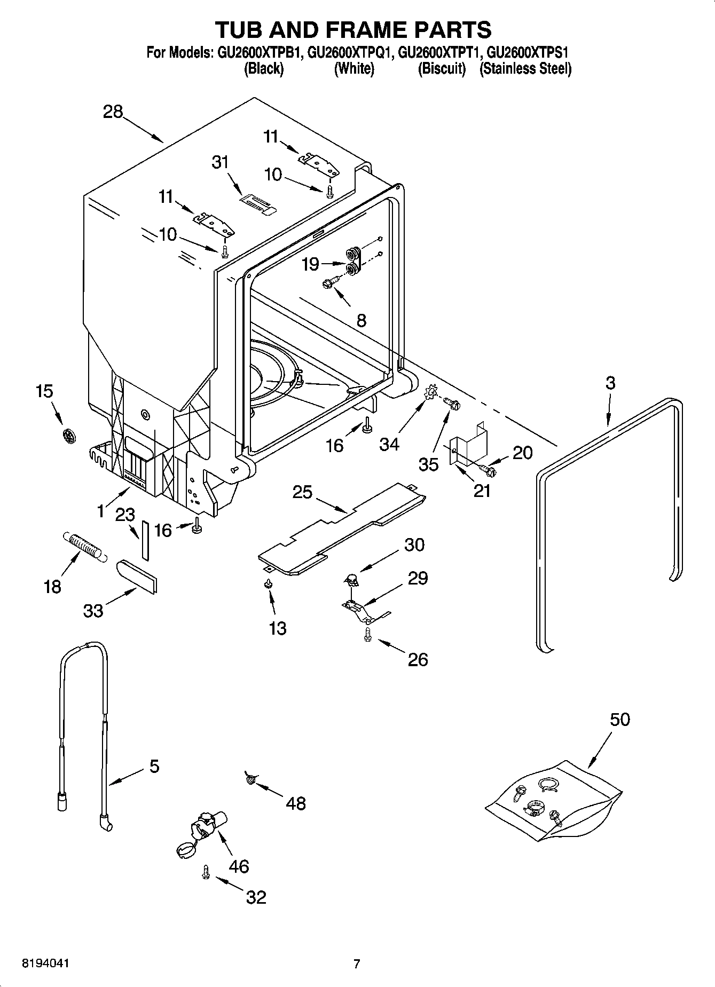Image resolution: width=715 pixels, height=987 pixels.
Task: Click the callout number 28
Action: (x=113, y=112)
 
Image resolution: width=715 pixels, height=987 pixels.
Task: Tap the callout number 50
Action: (x=619, y=719)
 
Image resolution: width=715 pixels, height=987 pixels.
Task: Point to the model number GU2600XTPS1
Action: (x=529, y=53)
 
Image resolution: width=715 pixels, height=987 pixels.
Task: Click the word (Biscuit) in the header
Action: (x=442, y=69)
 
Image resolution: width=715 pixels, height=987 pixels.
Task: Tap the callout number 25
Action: (x=302, y=492)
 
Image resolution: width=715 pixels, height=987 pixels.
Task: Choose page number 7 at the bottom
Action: (x=357, y=964)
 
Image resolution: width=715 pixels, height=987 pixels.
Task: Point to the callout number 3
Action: (x=610, y=382)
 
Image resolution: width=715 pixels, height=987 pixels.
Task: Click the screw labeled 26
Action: (x=367, y=634)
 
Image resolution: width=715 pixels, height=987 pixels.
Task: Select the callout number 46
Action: (x=239, y=866)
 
